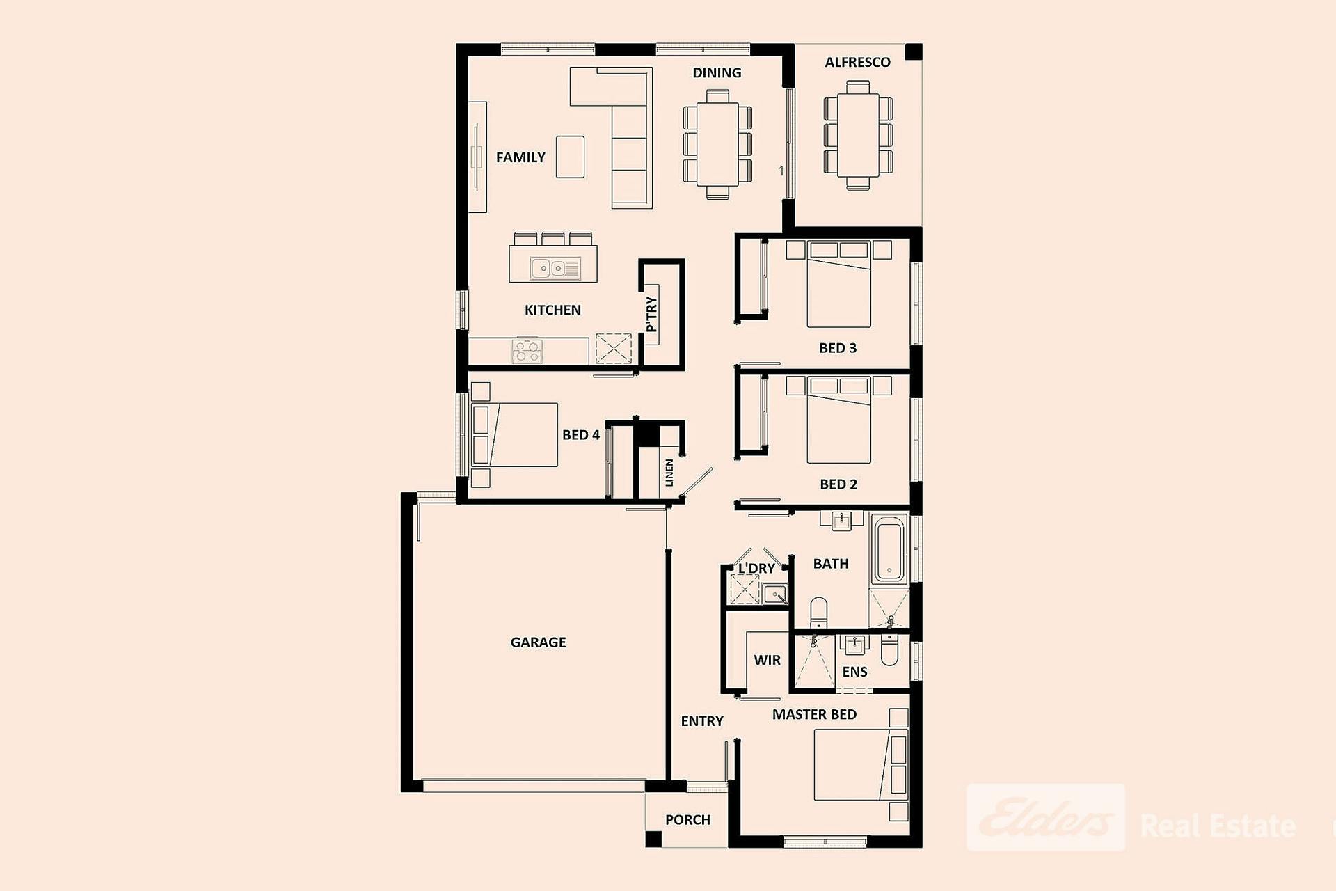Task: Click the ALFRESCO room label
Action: click(857, 62)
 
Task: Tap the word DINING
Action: click(717, 72)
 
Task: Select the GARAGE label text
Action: click(538, 642)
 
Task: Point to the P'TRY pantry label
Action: click(651, 315)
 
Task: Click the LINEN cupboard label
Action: click(669, 473)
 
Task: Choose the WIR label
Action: click(767, 660)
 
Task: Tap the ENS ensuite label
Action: click(854, 672)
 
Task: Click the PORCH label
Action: click(687, 820)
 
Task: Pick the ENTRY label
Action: click(702, 721)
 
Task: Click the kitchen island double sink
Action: click(555, 268)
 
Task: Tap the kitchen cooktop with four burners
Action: click(527, 352)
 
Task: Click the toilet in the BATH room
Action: click(819, 613)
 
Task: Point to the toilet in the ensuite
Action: click(890, 650)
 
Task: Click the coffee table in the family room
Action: click(570, 157)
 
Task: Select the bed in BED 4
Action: click(515, 435)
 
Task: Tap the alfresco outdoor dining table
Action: click(858, 135)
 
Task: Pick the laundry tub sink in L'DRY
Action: click(774, 594)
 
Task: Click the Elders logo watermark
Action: click(1046, 818)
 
